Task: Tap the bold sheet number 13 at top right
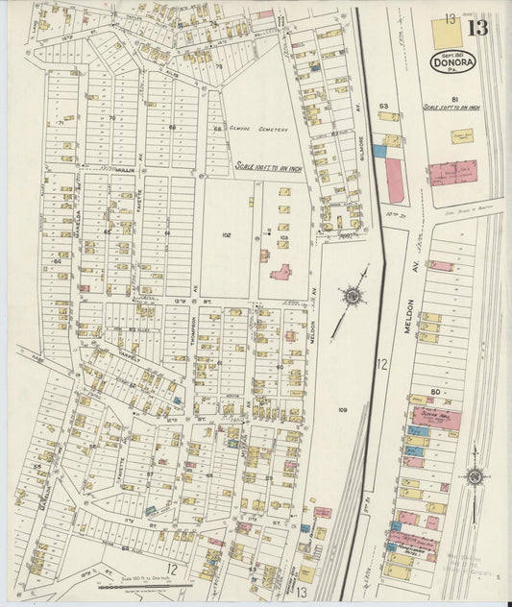[x=477, y=27]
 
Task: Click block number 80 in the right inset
[x=434, y=391]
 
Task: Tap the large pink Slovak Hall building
[x=436, y=418]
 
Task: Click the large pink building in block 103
[x=281, y=273]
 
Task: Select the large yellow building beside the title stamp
[x=446, y=33]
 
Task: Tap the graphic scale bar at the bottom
[x=154, y=582]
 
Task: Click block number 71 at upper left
[x=60, y=123]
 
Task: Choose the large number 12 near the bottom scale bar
[x=174, y=568]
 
